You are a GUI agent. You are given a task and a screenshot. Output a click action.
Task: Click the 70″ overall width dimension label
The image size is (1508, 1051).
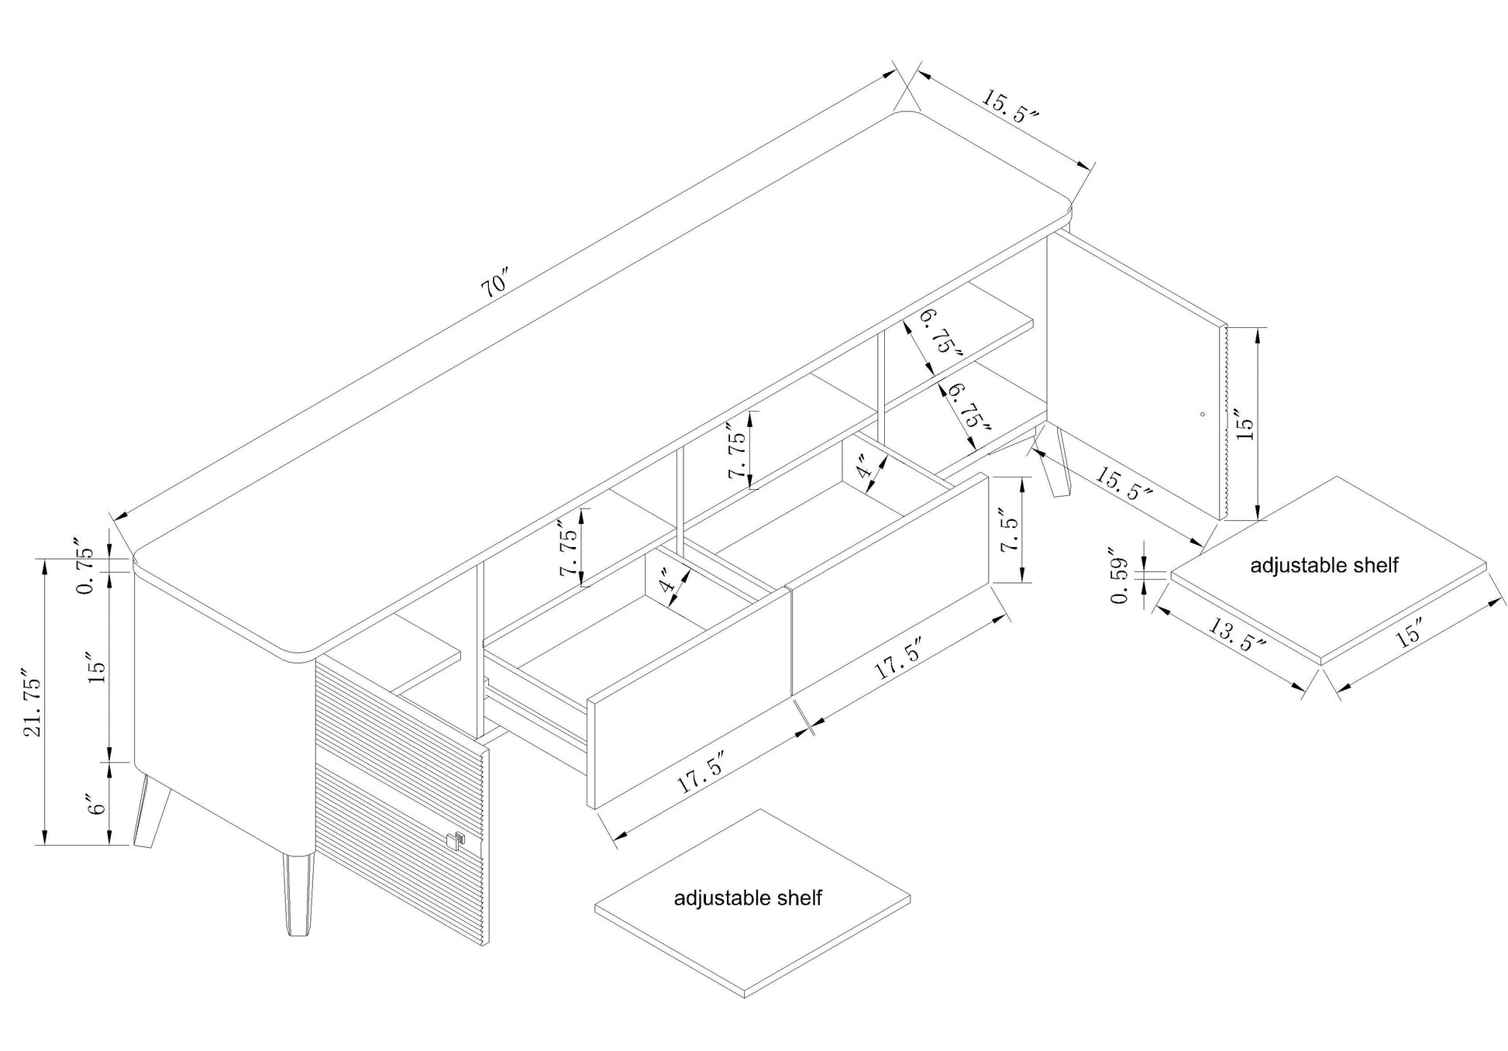494,284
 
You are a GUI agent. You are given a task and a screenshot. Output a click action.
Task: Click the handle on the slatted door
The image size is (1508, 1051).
454,840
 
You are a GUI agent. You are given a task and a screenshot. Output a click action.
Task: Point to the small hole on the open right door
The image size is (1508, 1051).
1202,414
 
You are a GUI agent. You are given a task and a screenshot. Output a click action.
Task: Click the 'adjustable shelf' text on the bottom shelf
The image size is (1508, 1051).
748,898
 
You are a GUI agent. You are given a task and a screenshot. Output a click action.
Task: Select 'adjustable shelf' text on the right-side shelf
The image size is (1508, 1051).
1324,565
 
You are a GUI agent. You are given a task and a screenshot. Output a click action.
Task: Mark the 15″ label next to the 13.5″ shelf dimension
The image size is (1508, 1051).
1409,632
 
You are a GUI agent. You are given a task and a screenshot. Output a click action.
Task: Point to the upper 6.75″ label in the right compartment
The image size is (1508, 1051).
939,331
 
